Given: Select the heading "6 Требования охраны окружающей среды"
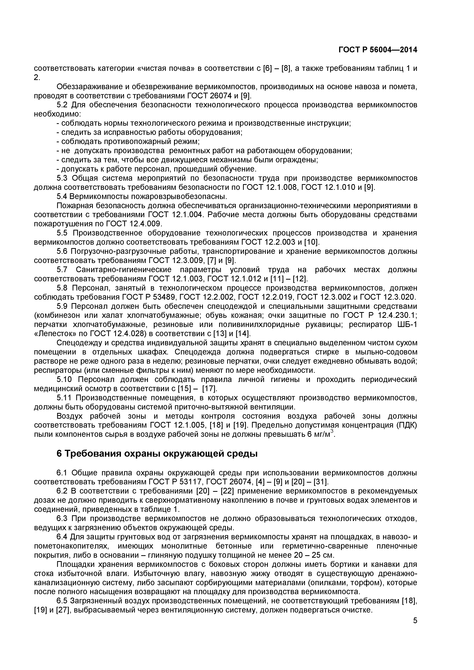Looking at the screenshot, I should (x=157, y=454).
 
